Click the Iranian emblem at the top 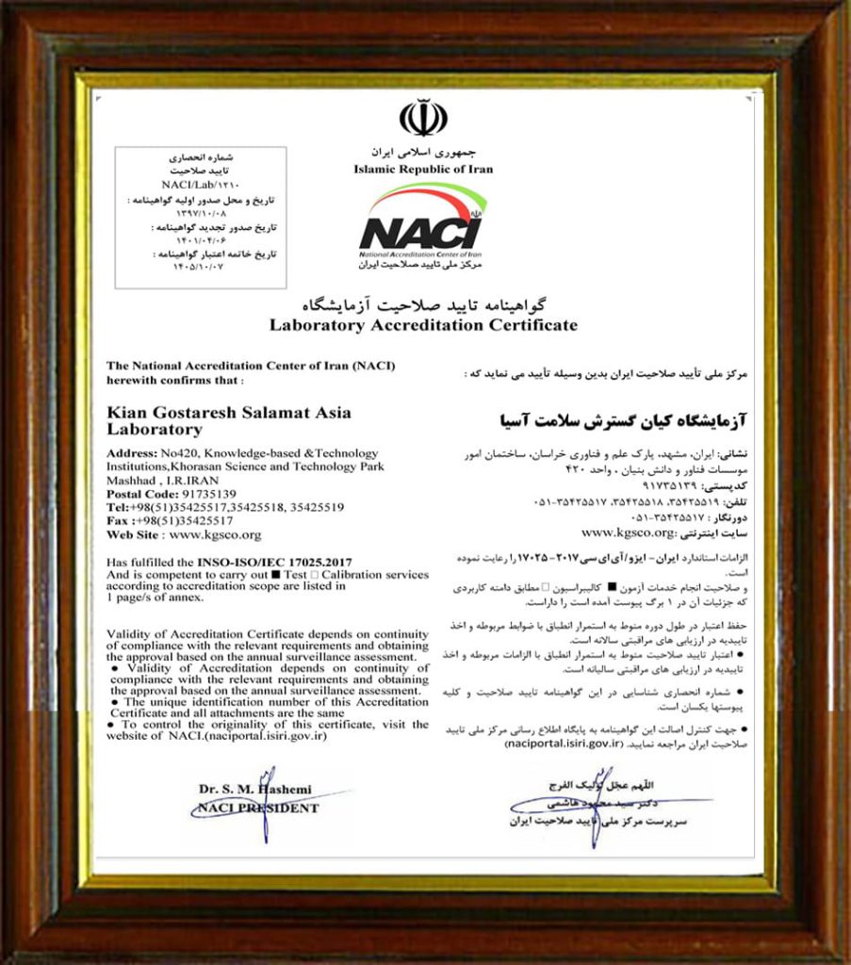point(423,119)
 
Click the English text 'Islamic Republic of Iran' point(423,170)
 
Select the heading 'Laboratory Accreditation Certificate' point(423,325)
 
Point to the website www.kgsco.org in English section point(211,534)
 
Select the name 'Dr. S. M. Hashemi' point(254,789)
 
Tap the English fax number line point(170,520)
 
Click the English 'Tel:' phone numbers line point(225,506)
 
